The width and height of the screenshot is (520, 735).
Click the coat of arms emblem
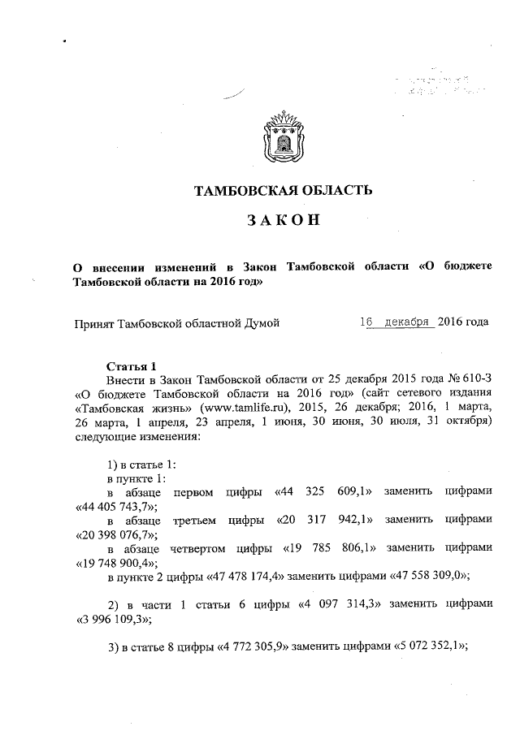[280, 139]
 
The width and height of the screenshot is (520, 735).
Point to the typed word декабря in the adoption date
[406, 322]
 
